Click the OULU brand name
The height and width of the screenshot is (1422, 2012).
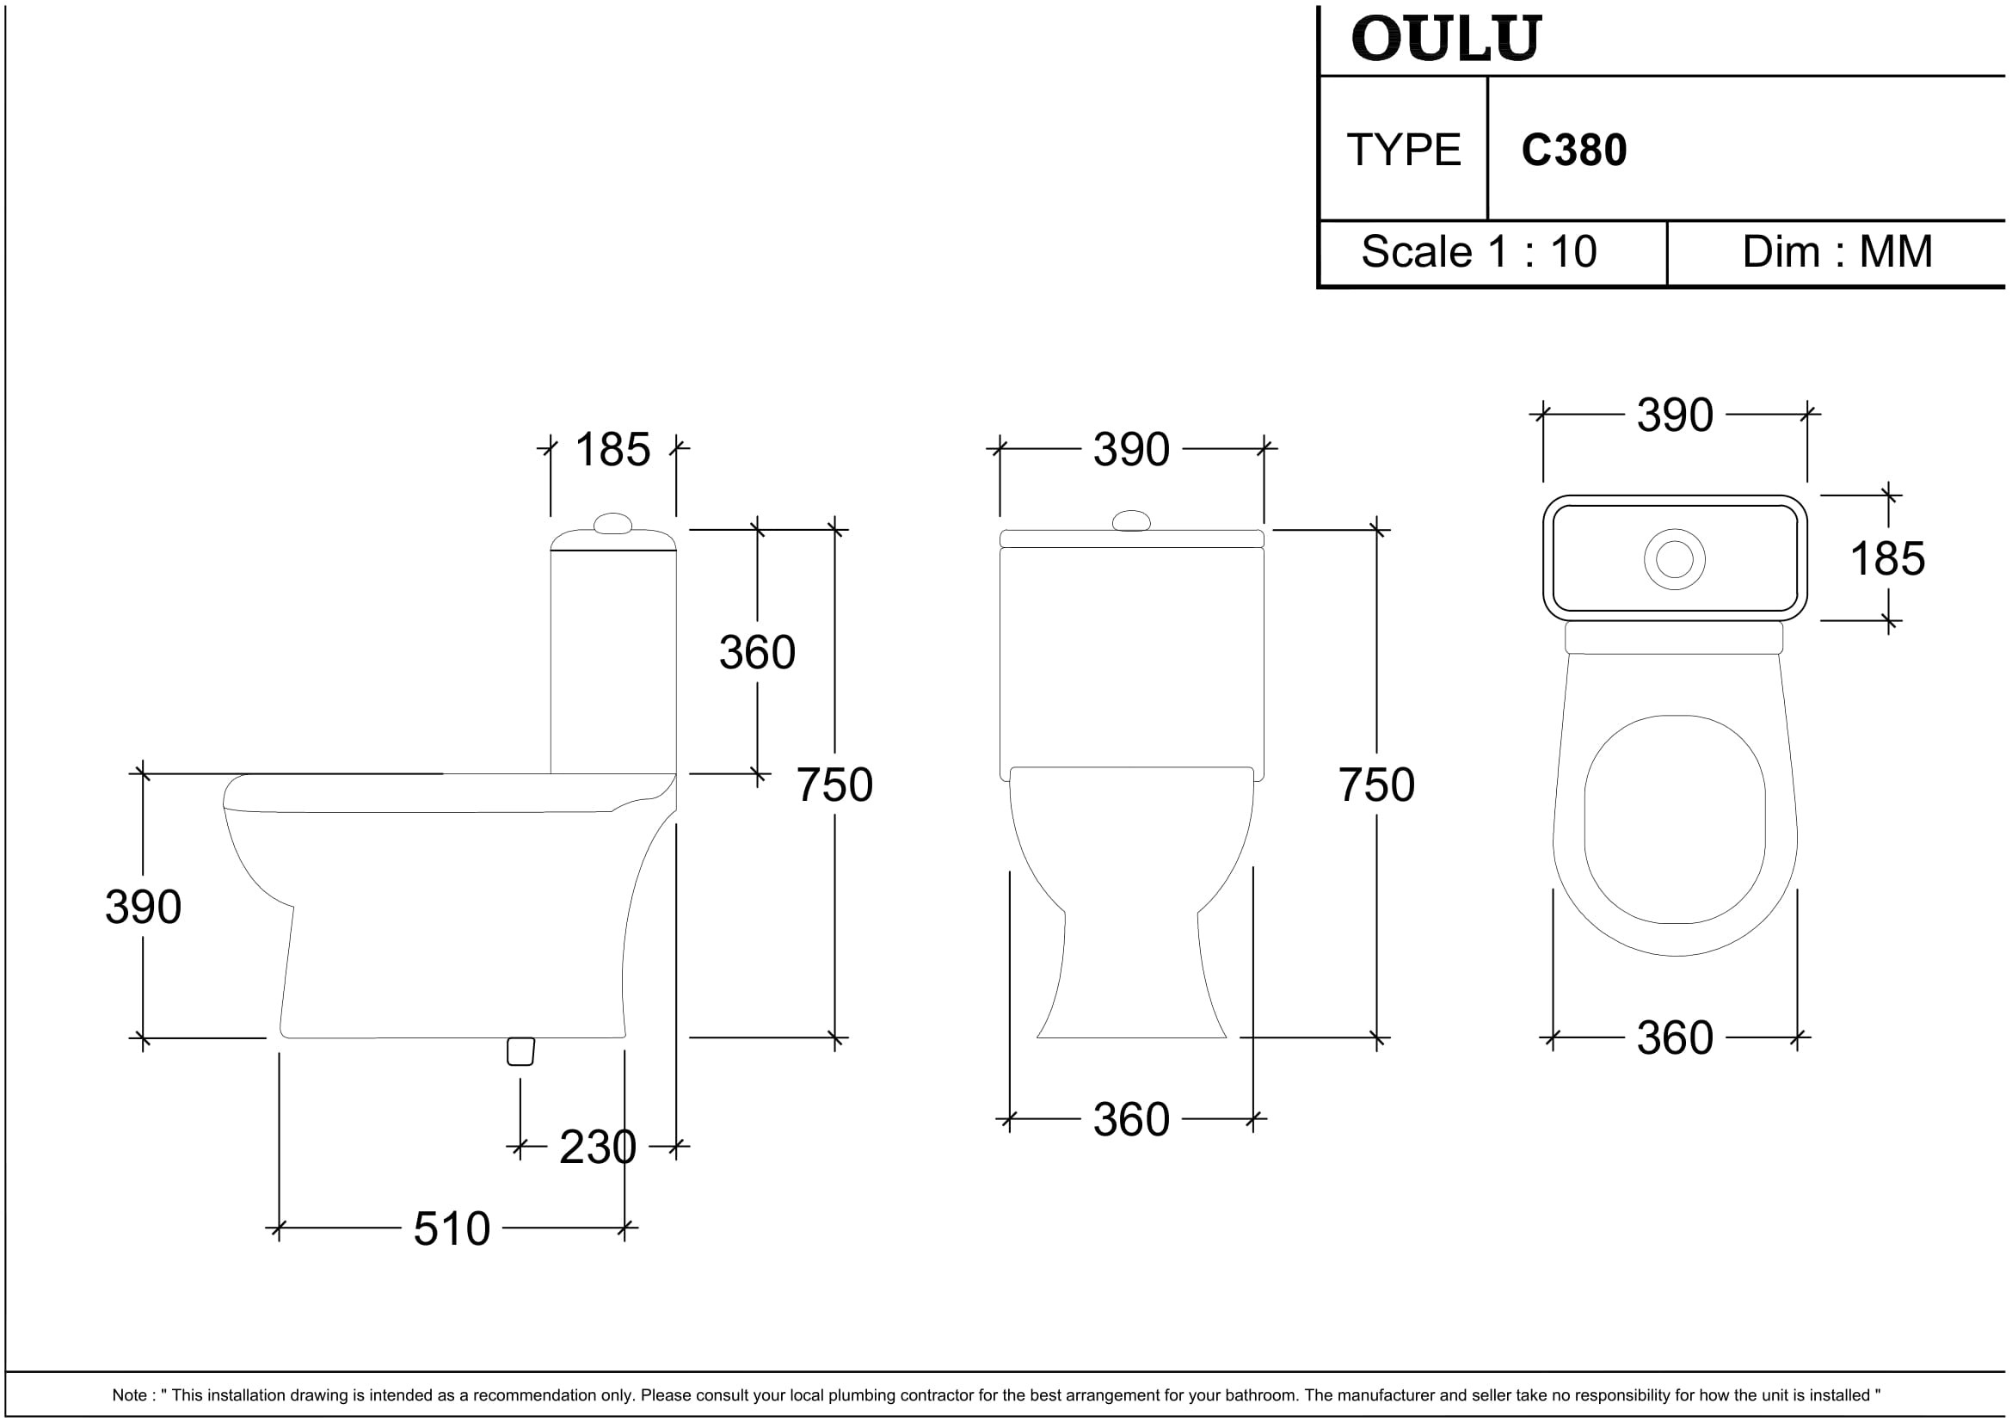[x=1445, y=40]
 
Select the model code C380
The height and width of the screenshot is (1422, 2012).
[x=1574, y=150]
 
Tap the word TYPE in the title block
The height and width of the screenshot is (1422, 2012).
[x=1404, y=150]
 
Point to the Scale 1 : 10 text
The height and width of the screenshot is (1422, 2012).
[x=1479, y=251]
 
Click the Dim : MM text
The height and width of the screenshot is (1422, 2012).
[x=1837, y=251]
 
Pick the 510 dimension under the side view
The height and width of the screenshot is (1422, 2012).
[x=452, y=1228]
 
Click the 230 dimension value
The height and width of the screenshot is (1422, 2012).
[x=598, y=1147]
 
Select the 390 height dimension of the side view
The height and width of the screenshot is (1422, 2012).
[x=143, y=907]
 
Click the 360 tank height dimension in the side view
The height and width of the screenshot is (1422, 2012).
[x=757, y=652]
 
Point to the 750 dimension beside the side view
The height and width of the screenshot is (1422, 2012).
[x=834, y=785]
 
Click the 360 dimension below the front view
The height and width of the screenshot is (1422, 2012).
[x=1131, y=1120]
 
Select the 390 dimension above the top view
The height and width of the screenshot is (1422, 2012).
[x=1675, y=415]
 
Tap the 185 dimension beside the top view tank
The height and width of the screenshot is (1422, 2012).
[x=1887, y=558]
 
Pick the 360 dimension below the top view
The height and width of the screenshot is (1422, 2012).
[x=1675, y=1038]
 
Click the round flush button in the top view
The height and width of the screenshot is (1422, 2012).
[x=1675, y=559]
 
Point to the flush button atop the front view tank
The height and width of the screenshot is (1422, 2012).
[x=1131, y=521]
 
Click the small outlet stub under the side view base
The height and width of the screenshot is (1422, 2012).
[x=520, y=1051]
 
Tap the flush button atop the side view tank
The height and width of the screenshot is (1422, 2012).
[x=612, y=524]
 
